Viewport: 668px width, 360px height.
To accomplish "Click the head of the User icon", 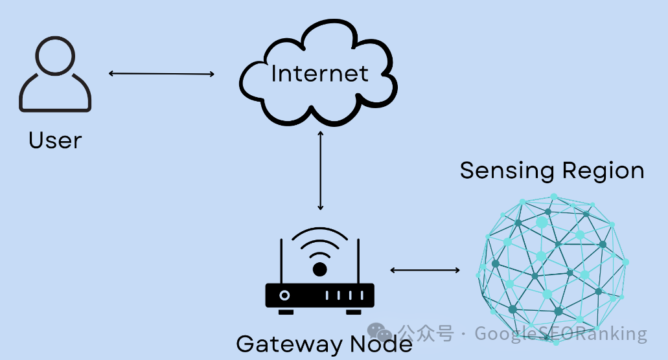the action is click(x=55, y=37).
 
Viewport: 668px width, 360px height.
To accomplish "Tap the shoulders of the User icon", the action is click(x=55, y=110).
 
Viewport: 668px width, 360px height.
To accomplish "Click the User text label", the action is click(x=55, y=141).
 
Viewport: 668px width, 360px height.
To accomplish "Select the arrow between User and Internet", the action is click(x=161, y=74).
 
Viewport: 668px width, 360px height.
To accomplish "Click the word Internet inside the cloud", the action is click(x=319, y=74).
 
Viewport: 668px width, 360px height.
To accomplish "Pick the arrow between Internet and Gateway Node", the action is click(x=320, y=170).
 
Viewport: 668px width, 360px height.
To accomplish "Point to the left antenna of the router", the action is click(x=281, y=261).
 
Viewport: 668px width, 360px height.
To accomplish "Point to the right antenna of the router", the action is click(x=358, y=261).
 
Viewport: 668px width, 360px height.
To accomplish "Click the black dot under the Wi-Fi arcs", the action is click(x=319, y=269).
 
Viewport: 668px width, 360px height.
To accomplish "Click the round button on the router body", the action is click(x=284, y=295).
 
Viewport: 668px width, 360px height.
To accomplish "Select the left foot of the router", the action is click(x=286, y=312).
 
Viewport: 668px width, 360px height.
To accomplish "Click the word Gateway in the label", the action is click(x=289, y=344).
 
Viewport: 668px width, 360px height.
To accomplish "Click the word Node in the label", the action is click(x=381, y=344).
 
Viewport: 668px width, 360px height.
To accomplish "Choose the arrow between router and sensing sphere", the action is click(x=425, y=270).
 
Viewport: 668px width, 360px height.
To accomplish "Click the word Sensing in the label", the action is click(x=507, y=171).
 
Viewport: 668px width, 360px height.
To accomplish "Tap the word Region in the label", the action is click(x=603, y=171).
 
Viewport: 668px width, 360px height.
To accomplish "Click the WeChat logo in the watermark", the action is click(x=379, y=332).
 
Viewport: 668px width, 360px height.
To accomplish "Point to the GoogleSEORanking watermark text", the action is click(x=560, y=333).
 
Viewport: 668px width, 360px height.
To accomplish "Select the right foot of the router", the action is click(x=354, y=312).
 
